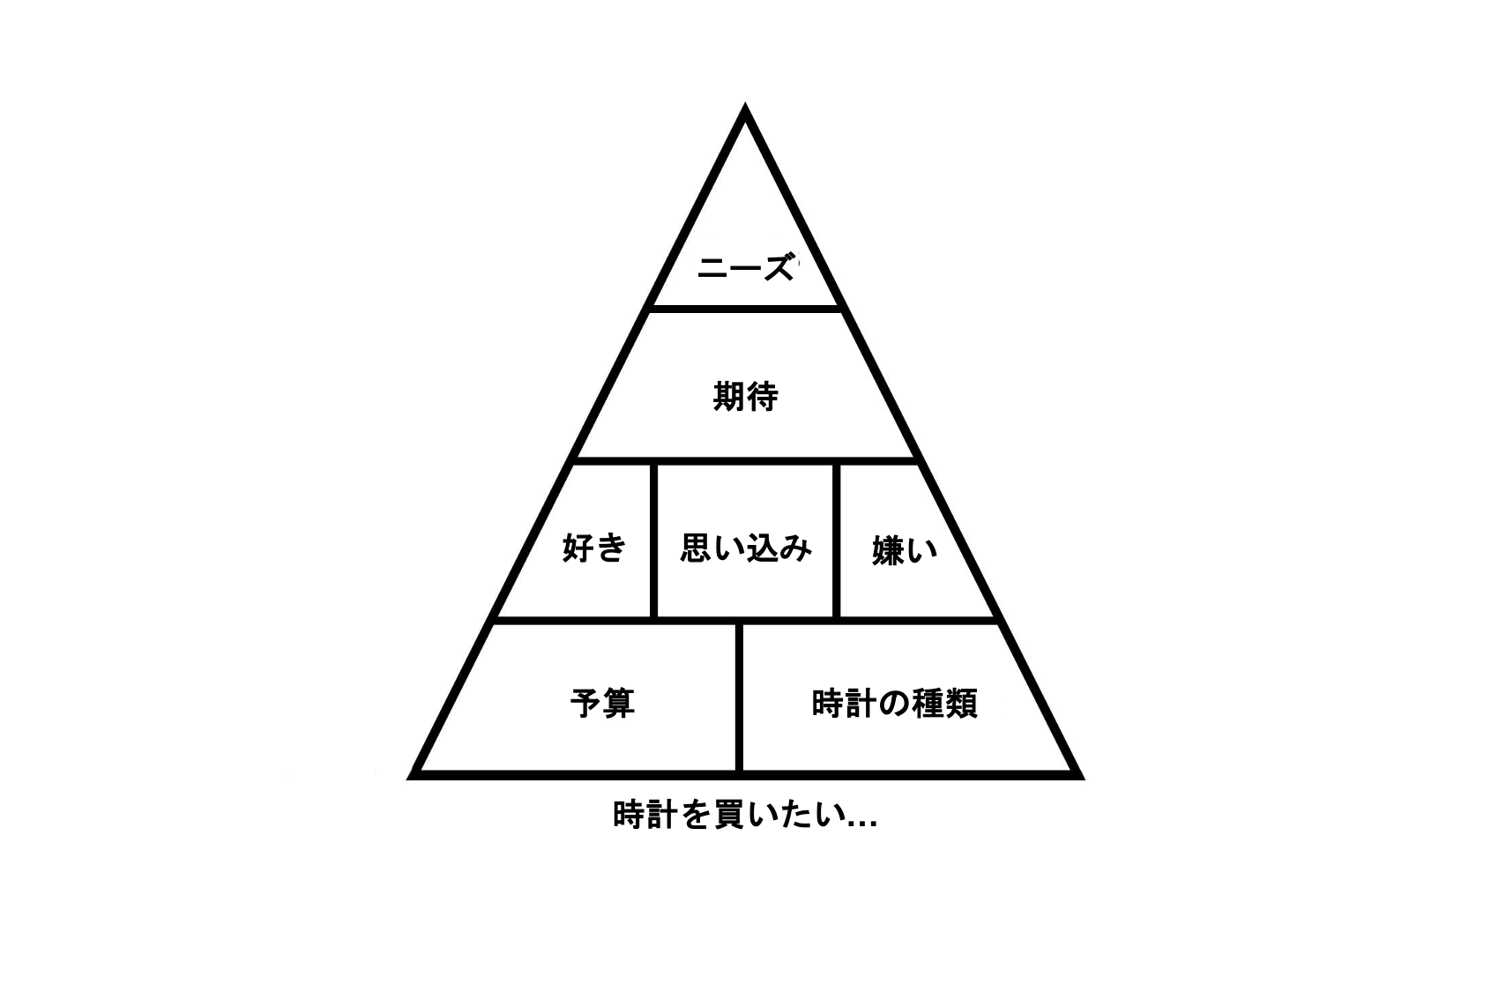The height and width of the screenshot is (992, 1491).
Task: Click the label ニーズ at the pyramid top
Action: (746, 268)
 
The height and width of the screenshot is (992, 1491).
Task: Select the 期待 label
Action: (746, 397)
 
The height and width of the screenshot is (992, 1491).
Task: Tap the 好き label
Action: (593, 548)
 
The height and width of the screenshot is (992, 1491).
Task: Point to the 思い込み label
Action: (746, 548)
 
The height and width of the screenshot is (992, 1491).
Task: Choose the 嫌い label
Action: (905, 550)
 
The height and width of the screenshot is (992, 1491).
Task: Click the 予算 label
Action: (602, 703)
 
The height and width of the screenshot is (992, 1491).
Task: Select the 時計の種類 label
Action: (895, 704)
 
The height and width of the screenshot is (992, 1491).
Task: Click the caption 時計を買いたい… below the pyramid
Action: (745, 814)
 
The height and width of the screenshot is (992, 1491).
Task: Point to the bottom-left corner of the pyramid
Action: (408, 779)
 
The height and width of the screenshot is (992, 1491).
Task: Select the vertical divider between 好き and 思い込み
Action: (653, 541)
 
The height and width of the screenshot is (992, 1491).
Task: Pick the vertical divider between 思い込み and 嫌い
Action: (836, 541)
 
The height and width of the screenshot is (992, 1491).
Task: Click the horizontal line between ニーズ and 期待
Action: (745, 309)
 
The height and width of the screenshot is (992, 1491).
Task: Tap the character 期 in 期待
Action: (729, 397)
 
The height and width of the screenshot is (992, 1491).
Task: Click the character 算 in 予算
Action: (619, 703)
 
